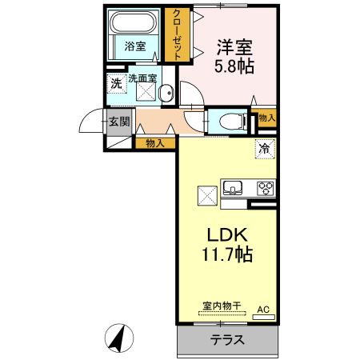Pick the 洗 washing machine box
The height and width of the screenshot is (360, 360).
(x=116, y=82)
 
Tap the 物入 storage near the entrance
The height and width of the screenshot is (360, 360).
(x=155, y=143)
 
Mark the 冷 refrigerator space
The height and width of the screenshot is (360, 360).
(x=263, y=147)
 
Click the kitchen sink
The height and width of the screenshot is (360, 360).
(x=233, y=189)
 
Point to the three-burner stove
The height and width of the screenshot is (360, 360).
(x=265, y=189)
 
